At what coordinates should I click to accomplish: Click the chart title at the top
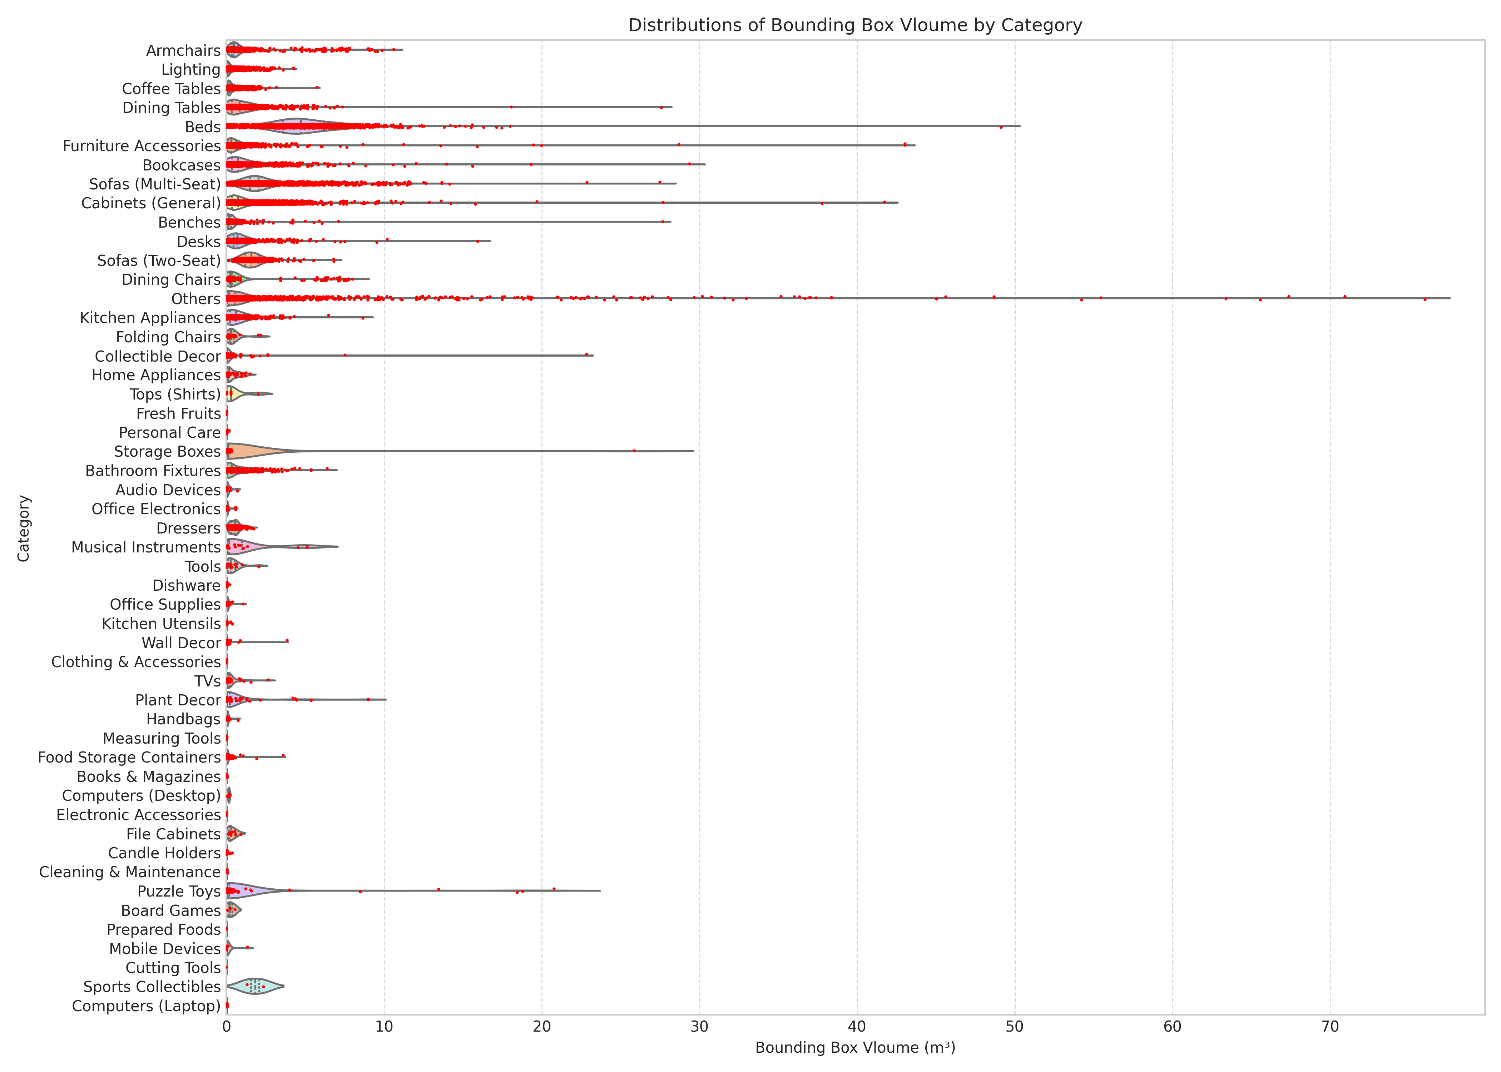click(855, 25)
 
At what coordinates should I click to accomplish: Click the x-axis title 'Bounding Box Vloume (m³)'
click(855, 1048)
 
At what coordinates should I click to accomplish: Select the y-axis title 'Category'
click(24, 528)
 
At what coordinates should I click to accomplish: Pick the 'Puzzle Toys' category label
click(179, 891)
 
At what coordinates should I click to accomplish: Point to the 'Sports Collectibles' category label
click(152, 987)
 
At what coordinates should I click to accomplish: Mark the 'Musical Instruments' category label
click(146, 547)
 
